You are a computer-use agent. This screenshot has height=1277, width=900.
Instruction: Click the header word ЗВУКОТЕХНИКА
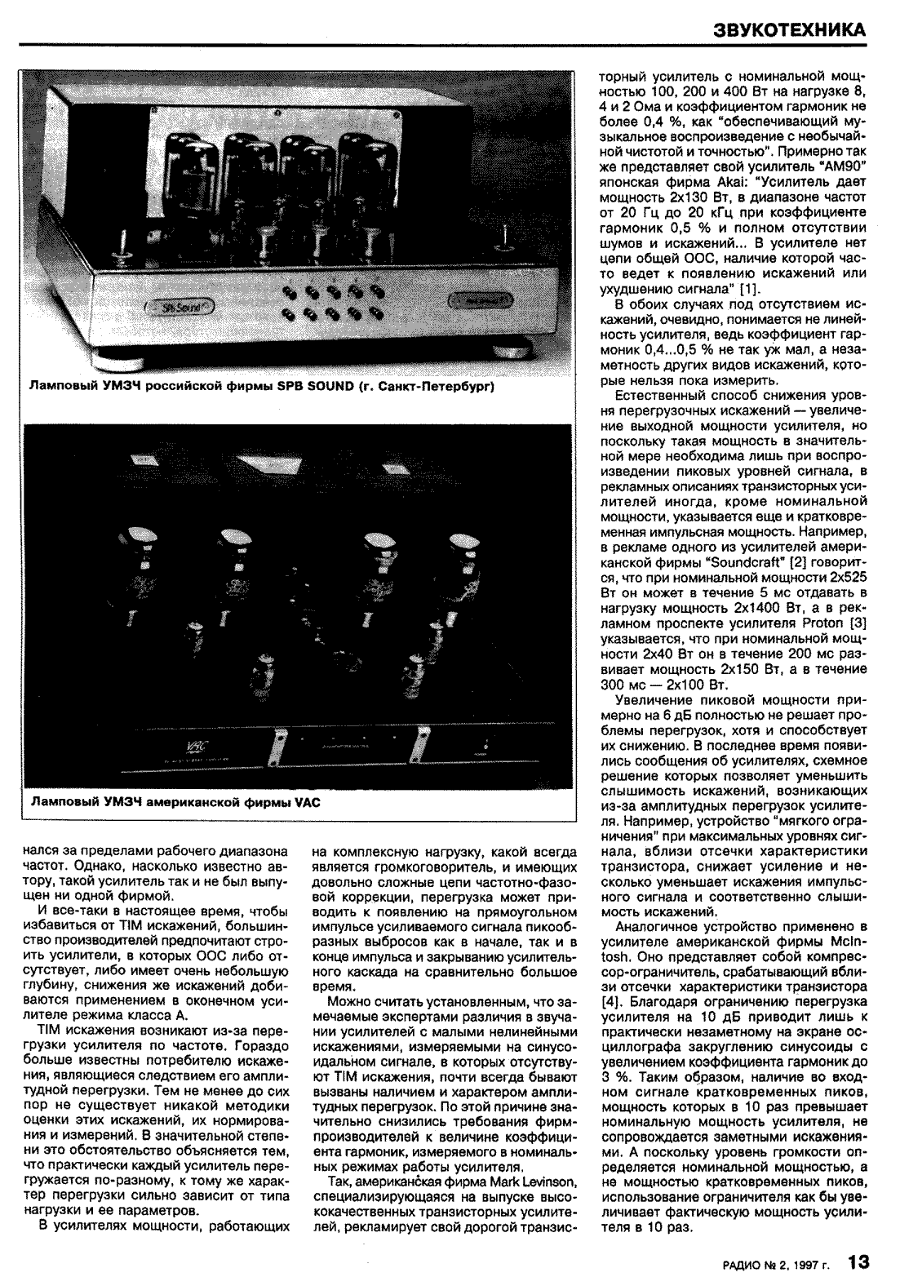(x=789, y=29)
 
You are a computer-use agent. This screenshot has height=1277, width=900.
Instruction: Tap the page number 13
(x=858, y=1261)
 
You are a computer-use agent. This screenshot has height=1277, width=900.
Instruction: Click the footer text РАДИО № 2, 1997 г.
(x=775, y=1265)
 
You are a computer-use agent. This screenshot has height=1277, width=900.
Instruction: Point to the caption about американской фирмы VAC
(x=175, y=802)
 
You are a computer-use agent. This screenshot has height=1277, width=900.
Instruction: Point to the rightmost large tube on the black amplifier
(x=465, y=563)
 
